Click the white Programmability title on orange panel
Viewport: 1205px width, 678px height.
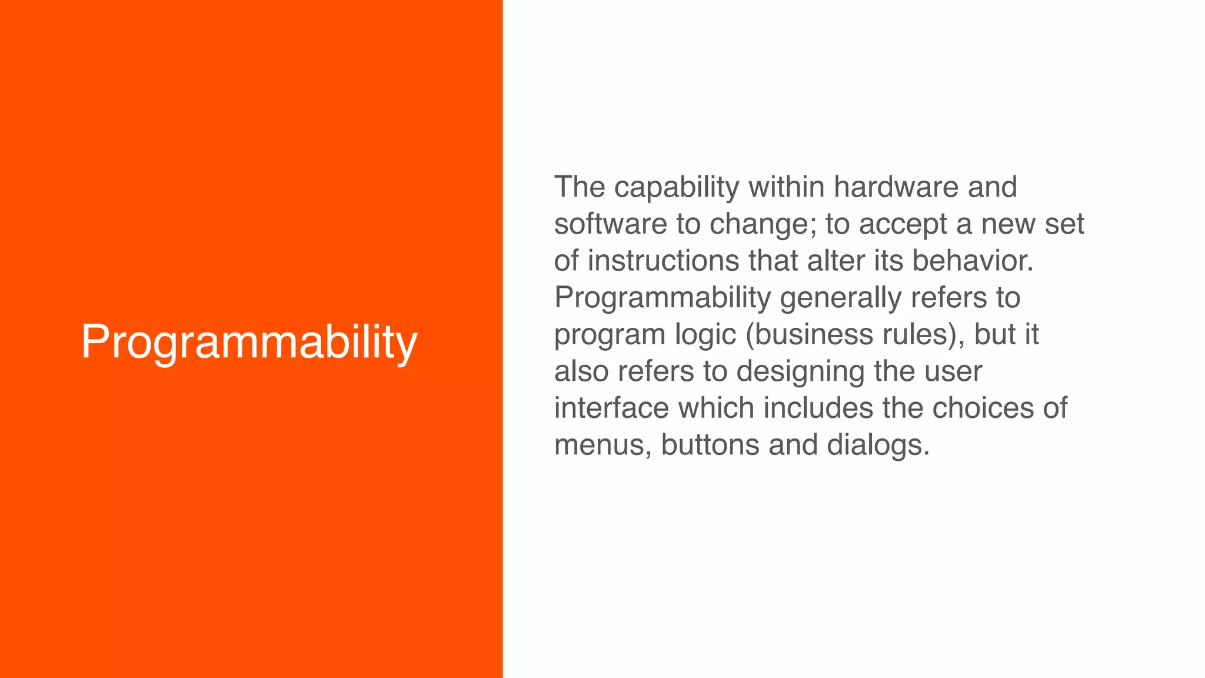(x=249, y=343)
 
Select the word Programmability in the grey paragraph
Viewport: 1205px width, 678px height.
(x=663, y=298)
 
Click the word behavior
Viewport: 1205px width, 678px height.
(x=972, y=261)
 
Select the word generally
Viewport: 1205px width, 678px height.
(x=840, y=298)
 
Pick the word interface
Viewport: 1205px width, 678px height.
(x=612, y=408)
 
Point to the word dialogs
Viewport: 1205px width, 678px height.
(x=877, y=446)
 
